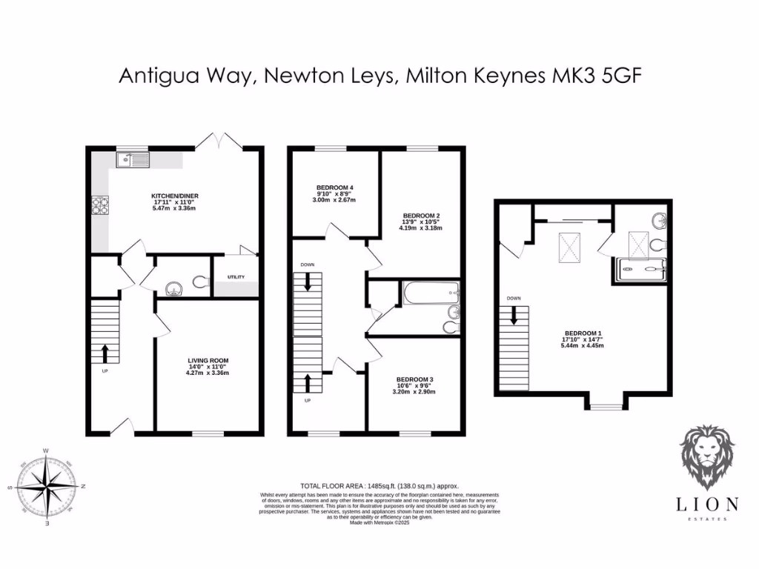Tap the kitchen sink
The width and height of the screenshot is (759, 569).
(132, 159)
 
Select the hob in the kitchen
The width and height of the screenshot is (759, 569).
(100, 205)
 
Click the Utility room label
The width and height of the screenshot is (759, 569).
(236, 277)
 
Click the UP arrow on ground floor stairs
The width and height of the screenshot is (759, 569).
(105, 352)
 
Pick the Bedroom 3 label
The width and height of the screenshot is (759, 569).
(415, 379)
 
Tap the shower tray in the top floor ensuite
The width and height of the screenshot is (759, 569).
(641, 270)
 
